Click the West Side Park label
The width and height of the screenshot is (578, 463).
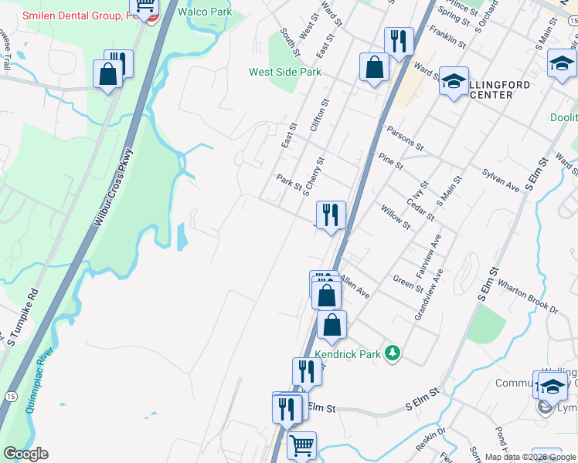pyautogui.click(x=284, y=72)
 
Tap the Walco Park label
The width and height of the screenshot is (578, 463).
pyautogui.click(x=204, y=12)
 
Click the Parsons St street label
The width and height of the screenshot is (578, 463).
pyautogui.click(x=405, y=138)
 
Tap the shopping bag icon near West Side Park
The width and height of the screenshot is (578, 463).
pyautogui.click(x=374, y=67)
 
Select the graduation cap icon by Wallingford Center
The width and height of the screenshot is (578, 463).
pyautogui.click(x=454, y=80)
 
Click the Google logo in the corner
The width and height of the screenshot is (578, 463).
pyautogui.click(x=25, y=454)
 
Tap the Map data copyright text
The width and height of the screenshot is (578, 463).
pyautogui.click(x=530, y=457)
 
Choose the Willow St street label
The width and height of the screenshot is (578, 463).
pyautogui.click(x=395, y=214)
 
